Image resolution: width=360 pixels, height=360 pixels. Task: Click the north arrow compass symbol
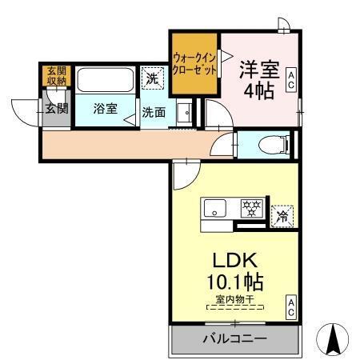333,340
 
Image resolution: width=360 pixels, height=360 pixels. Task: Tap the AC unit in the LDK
292,306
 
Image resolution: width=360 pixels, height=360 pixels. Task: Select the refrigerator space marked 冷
281,214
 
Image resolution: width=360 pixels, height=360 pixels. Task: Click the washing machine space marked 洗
150,78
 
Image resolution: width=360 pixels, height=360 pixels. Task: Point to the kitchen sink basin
216,210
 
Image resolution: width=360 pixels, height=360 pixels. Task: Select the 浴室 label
104,110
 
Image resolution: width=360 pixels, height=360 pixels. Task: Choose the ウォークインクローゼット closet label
194,63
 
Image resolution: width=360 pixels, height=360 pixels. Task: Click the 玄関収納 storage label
56,76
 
